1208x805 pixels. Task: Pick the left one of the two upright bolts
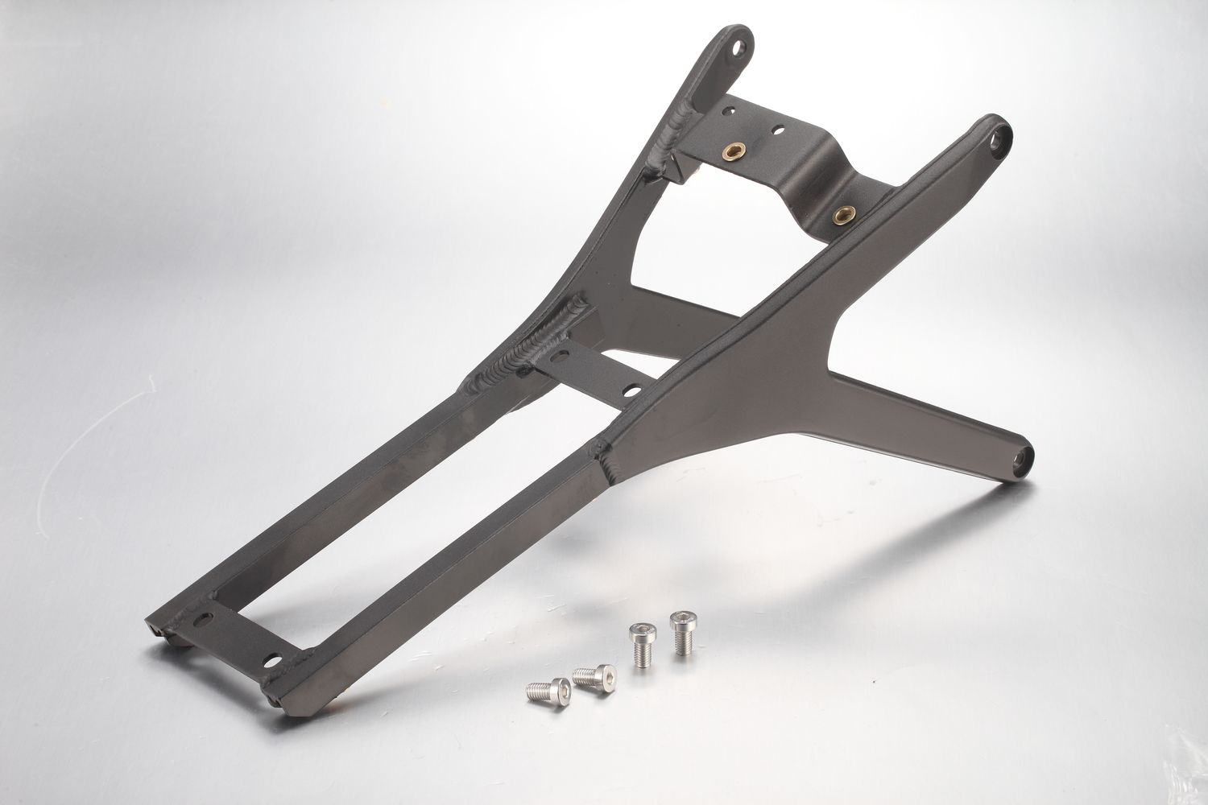[642, 642]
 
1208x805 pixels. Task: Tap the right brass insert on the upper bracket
[843, 213]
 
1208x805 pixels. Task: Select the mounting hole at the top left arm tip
[736, 47]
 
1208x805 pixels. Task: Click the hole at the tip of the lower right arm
[1023, 458]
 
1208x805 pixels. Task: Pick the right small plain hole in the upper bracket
[779, 129]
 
